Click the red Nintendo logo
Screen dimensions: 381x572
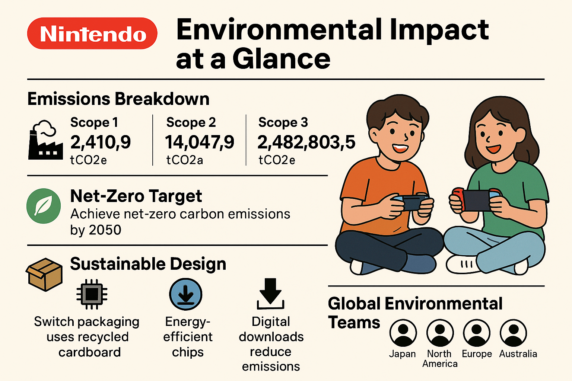pyautogui.click(x=92, y=33)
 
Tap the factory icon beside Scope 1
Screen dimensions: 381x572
pyautogui.click(x=45, y=141)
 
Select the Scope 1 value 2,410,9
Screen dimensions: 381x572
pyautogui.click(x=101, y=142)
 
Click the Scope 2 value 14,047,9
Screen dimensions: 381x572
pyautogui.click(x=200, y=142)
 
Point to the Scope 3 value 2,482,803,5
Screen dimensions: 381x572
pyautogui.click(x=306, y=142)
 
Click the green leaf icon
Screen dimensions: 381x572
pyautogui.click(x=44, y=206)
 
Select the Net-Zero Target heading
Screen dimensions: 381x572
pyautogui.click(x=136, y=196)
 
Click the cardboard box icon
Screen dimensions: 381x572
pyautogui.click(x=44, y=274)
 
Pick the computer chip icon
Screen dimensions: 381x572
pyautogui.click(x=92, y=294)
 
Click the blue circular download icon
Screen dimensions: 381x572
pyautogui.click(x=185, y=294)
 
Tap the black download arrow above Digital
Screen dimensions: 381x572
pyautogui.click(x=271, y=294)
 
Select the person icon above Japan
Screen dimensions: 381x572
pyautogui.click(x=403, y=333)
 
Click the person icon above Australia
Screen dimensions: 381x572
pyautogui.click(x=514, y=333)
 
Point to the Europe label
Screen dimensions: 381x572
pyautogui.click(x=477, y=354)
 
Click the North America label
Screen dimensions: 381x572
pyautogui.click(x=440, y=359)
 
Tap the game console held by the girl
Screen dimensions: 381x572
pyautogui.click(x=476, y=199)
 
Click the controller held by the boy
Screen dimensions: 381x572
pyautogui.click(x=410, y=202)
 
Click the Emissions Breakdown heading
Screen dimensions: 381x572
pyautogui.click(x=118, y=99)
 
